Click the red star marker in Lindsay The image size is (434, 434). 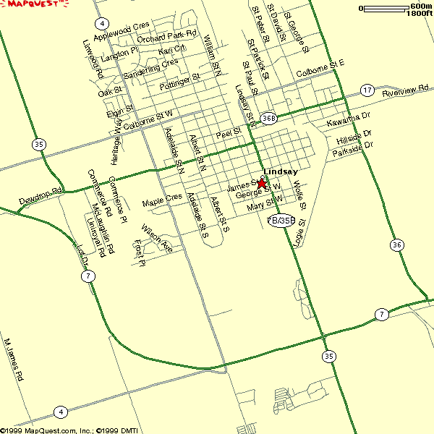pyautogui.click(x=261, y=184)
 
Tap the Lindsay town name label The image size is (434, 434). pyautogui.click(x=281, y=171)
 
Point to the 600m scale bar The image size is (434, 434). pyautogui.click(x=385, y=9)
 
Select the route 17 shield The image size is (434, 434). pyautogui.click(x=368, y=90)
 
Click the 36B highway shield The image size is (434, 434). pyautogui.click(x=269, y=118)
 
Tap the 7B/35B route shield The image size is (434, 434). pyautogui.click(x=281, y=220)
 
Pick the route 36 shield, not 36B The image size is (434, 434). pyautogui.click(x=397, y=244)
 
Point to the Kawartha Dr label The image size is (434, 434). pyautogui.click(x=348, y=120)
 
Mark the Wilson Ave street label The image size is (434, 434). pyautogui.click(x=157, y=239)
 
